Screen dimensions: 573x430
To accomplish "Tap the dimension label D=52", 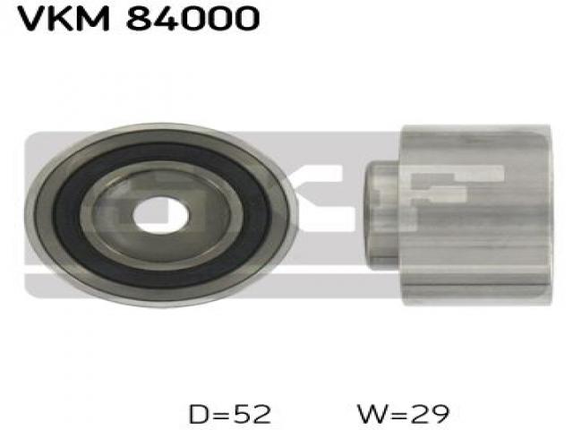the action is click(x=230, y=414).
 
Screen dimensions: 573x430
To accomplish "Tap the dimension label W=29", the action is click(x=404, y=414).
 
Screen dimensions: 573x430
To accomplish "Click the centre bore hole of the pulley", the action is click(x=161, y=215).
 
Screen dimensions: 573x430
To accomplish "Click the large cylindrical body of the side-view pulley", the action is click(x=476, y=215).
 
